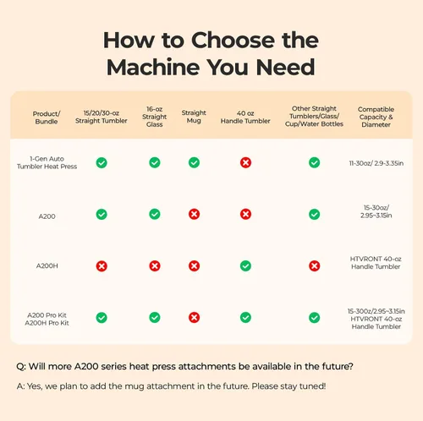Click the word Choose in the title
[x=233, y=40]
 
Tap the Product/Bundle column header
[x=47, y=118]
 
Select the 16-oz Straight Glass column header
[x=155, y=117]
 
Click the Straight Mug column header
[x=194, y=117]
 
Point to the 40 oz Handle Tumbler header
[x=245, y=117]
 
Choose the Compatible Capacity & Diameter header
[x=376, y=117]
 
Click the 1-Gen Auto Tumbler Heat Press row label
[x=47, y=162]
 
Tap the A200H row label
[x=47, y=265]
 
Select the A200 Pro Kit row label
[x=47, y=315]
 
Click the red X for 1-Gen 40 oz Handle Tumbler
[x=245, y=162]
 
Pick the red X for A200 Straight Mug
[x=194, y=214]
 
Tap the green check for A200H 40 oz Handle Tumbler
[x=245, y=265]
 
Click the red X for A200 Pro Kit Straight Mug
[x=194, y=318]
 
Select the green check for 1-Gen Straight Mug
[x=194, y=162]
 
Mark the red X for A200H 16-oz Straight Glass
[x=155, y=265]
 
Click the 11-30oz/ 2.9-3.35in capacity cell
[x=376, y=163]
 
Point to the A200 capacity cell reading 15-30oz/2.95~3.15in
[x=376, y=211]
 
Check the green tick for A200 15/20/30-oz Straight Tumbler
[x=102, y=214]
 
